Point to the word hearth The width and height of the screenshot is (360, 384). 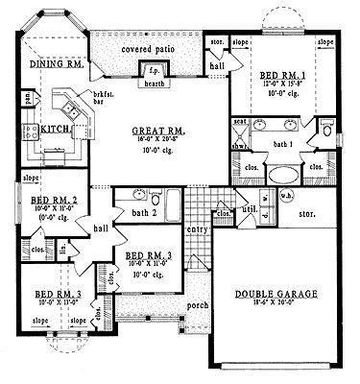pos(153,84)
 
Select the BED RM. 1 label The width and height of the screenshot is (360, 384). pos(284,75)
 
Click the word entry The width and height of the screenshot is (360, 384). pos(197,229)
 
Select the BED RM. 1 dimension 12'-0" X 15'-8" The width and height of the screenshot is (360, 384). pos(284,85)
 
